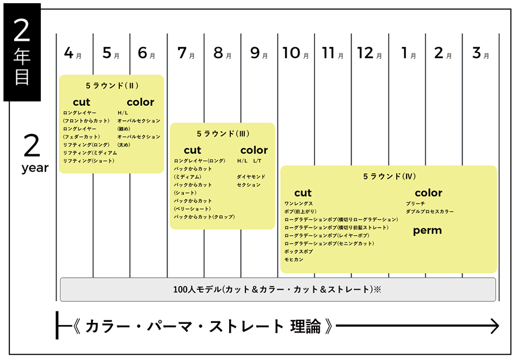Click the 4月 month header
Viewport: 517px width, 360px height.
(73, 53)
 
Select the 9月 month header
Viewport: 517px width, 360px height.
(259, 53)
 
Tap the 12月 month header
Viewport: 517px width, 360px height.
(370, 53)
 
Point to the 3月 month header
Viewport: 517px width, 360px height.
(481, 53)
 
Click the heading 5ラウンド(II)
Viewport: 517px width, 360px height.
(112, 86)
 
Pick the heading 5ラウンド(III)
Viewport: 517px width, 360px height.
(223, 133)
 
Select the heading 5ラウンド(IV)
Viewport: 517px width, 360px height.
(389, 176)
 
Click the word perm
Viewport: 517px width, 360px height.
(427, 231)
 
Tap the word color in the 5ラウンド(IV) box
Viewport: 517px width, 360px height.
(429, 193)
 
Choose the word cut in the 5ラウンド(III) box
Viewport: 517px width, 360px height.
(193, 150)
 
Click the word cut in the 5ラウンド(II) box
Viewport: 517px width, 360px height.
(82, 102)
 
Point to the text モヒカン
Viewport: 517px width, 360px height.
(294, 260)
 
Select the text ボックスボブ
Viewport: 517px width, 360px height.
(298, 252)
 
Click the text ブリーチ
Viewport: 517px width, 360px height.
(415, 204)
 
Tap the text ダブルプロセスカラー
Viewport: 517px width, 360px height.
(429, 211)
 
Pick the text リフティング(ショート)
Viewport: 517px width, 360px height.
(89, 161)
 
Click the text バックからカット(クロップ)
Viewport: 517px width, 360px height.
(205, 217)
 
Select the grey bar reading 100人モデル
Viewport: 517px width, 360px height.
(278, 289)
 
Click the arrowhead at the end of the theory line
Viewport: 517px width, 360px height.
(495, 326)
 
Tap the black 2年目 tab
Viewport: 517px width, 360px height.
(22, 52)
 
